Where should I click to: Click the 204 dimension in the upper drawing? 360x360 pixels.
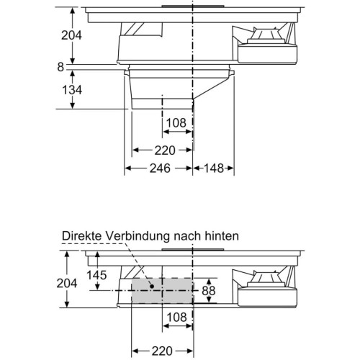[71, 35]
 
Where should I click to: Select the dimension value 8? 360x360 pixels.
[60, 67]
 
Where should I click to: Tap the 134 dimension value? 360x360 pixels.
[72, 90]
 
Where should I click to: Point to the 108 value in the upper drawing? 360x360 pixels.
[176, 122]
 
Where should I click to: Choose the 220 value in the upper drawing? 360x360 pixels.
[165, 150]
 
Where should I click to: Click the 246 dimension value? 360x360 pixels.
[160, 168]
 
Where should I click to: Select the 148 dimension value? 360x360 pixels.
[214, 168]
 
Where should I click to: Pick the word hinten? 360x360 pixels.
[222, 236]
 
